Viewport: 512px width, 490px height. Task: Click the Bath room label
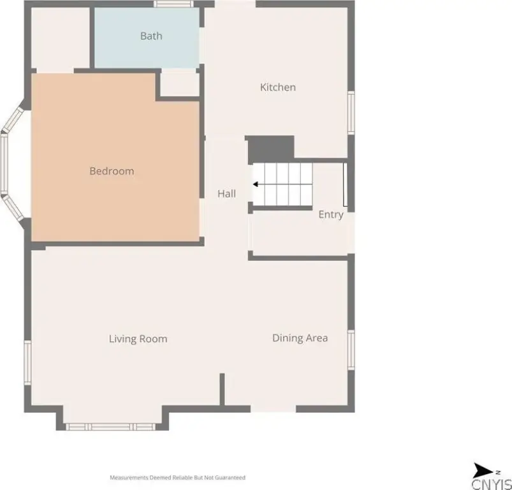click(151, 36)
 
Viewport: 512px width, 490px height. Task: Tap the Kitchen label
click(278, 87)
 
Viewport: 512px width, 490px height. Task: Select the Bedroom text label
click(112, 171)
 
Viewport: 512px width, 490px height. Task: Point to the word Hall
click(226, 194)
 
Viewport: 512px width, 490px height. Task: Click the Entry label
click(331, 214)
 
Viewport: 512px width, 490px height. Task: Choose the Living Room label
click(138, 339)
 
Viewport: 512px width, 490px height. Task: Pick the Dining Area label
click(300, 338)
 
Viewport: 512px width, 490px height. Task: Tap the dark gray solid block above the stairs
click(271, 149)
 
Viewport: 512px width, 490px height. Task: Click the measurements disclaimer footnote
click(177, 478)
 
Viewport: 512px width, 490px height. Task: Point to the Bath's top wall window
click(173, 4)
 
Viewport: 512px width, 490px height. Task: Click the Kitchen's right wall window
click(351, 112)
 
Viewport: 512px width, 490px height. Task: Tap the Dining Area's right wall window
click(351, 350)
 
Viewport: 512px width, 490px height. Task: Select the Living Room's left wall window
click(28, 362)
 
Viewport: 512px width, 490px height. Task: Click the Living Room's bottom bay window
click(111, 427)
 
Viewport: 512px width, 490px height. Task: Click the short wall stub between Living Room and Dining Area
click(222, 390)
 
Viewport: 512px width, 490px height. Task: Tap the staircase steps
click(282, 184)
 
